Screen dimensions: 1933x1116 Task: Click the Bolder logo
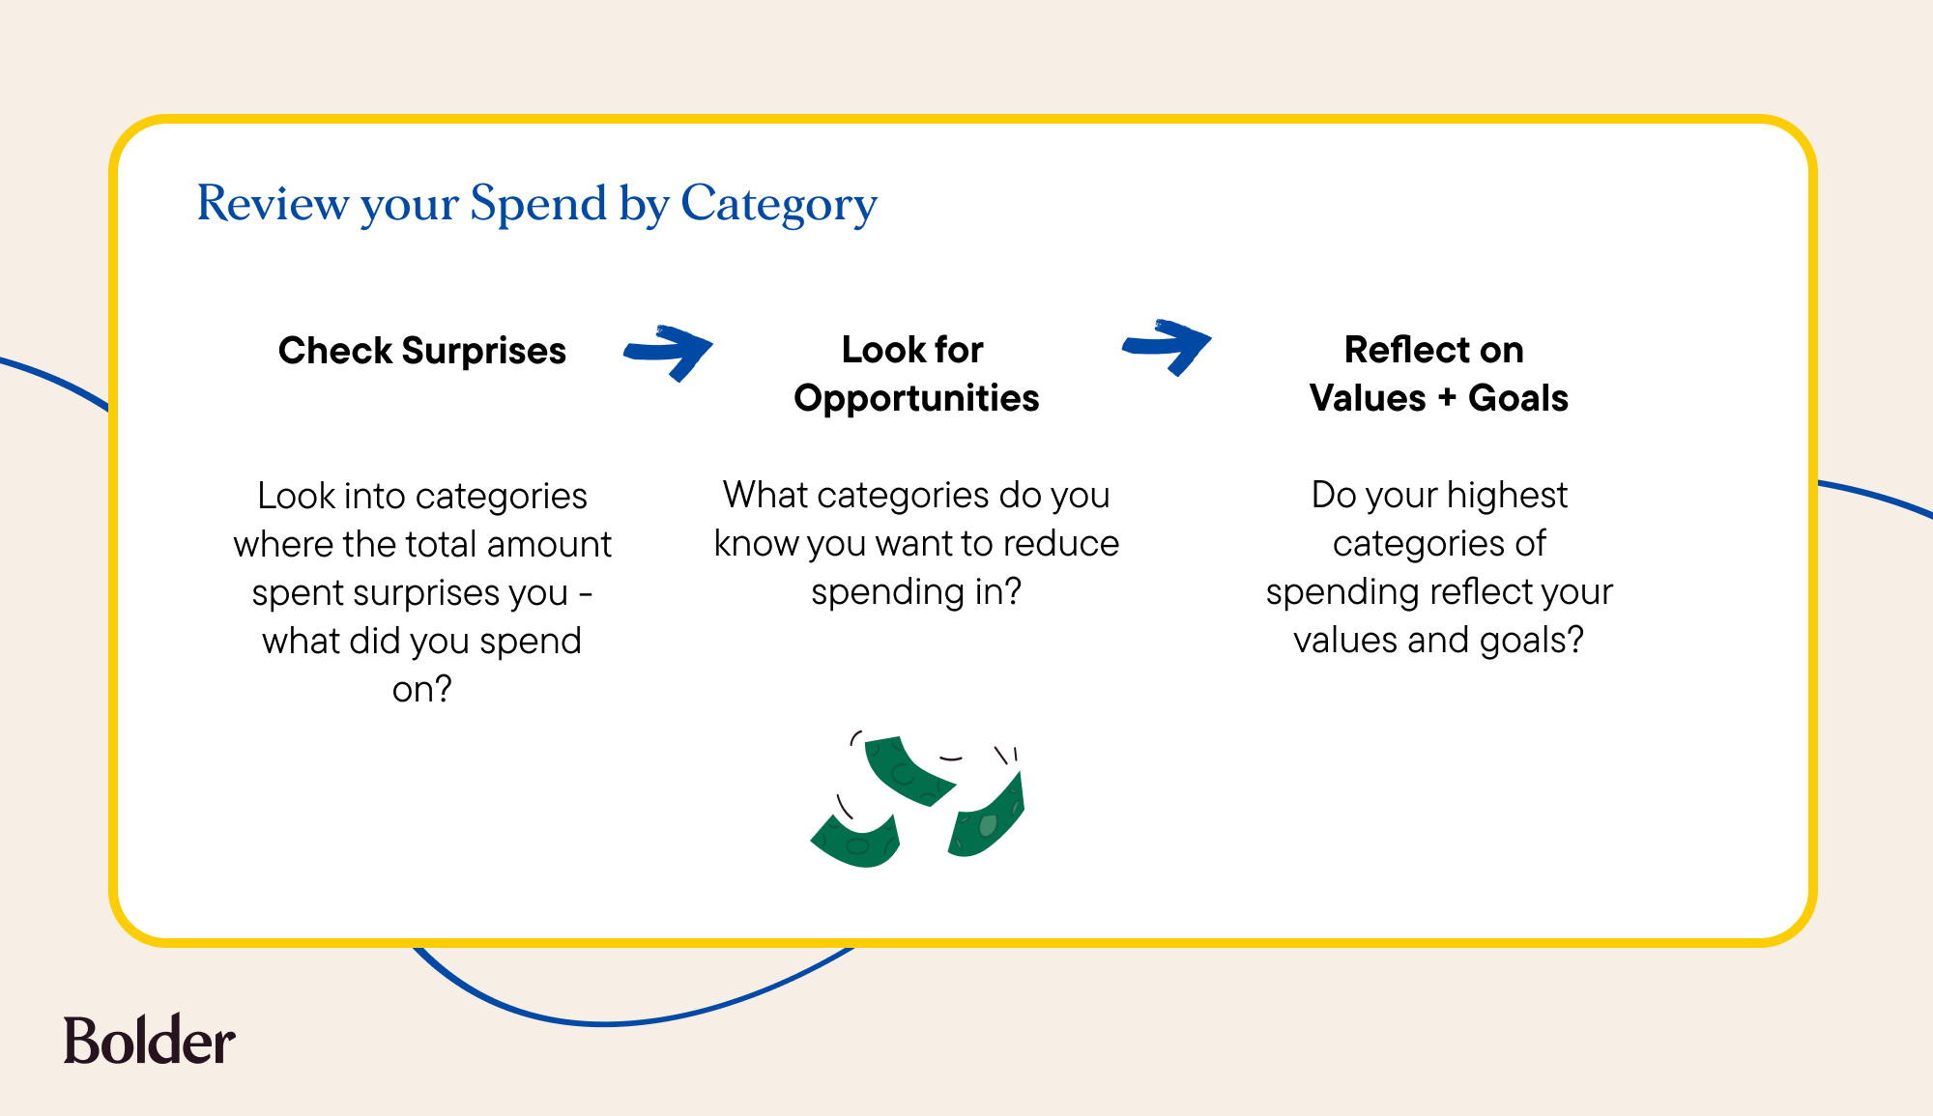pyautogui.click(x=149, y=1040)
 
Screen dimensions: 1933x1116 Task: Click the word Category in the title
pyautogui.click(x=779, y=205)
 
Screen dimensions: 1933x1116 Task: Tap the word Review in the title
pyautogui.click(x=274, y=203)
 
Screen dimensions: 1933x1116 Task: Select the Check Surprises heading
pyautogui.click(x=422, y=351)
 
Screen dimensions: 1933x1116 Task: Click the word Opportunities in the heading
pyautogui.click(x=916, y=398)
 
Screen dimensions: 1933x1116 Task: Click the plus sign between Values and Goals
pyautogui.click(x=1447, y=398)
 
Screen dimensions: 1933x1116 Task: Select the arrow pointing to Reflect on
pyautogui.click(x=1167, y=346)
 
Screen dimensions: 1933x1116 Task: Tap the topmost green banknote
pyautogui.click(x=909, y=770)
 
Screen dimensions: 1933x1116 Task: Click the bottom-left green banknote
pyautogui.click(x=856, y=842)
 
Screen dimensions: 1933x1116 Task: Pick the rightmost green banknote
pyautogui.click(x=987, y=816)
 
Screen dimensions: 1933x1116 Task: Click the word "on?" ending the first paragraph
pyautogui.click(x=422, y=689)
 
